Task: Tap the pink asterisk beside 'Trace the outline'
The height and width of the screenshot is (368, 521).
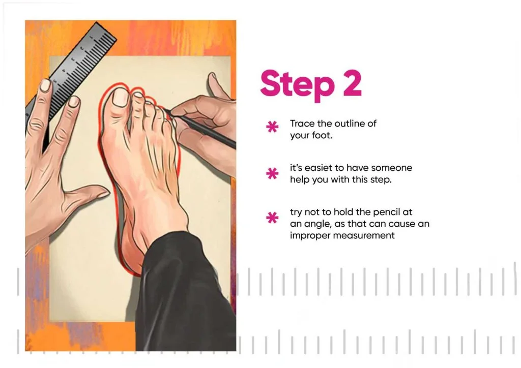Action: point(272,127)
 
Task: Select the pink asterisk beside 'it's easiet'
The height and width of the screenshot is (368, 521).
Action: point(272,173)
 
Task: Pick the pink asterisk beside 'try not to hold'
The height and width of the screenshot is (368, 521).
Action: point(272,218)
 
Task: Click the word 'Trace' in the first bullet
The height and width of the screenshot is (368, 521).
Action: point(302,124)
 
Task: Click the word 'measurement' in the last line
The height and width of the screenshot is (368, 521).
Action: point(364,236)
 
